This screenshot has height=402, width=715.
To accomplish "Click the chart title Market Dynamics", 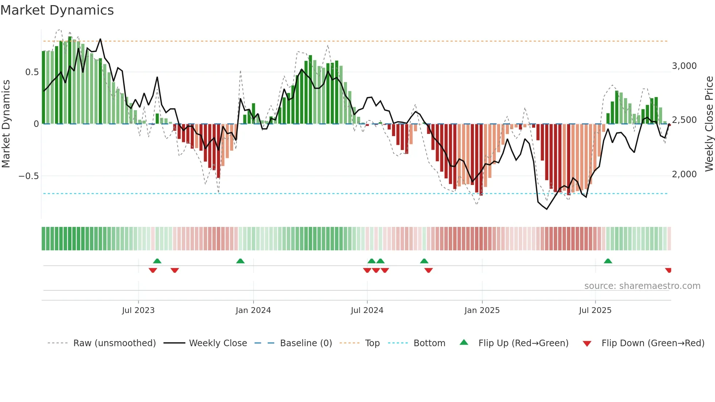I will pyautogui.click(x=57, y=10).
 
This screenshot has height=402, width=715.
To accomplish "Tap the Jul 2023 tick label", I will pyautogui.click(x=138, y=310).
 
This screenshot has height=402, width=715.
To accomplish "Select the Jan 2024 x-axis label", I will pyautogui.click(x=253, y=310).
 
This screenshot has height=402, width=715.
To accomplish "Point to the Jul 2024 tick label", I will pyautogui.click(x=367, y=310).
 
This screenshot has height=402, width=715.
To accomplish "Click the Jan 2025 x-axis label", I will pyautogui.click(x=482, y=310).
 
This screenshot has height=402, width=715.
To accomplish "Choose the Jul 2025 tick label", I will pyautogui.click(x=595, y=310).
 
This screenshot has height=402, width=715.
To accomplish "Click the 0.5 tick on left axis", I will pyautogui.click(x=32, y=72).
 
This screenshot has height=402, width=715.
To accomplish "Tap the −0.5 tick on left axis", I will pyautogui.click(x=28, y=176).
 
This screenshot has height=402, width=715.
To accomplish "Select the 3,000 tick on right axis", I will pyautogui.click(x=684, y=66).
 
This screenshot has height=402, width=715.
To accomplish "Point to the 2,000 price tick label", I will pyautogui.click(x=684, y=174).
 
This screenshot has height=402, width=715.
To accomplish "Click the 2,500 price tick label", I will pyautogui.click(x=684, y=120).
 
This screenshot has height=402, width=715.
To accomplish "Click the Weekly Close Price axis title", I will pyautogui.click(x=709, y=124).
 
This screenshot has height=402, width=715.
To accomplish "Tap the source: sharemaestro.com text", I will pyautogui.click(x=642, y=286).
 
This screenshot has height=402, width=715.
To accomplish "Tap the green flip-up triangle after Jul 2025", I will pyautogui.click(x=608, y=261).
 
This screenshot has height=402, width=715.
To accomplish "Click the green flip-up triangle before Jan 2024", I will pyautogui.click(x=240, y=261).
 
